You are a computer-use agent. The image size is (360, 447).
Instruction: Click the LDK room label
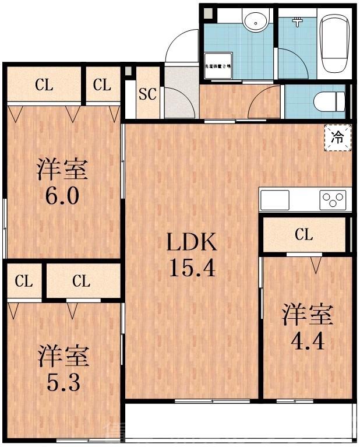coord(193,241)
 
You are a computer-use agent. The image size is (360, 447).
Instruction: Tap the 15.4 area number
coord(193,267)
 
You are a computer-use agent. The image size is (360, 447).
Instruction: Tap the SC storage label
coord(148,94)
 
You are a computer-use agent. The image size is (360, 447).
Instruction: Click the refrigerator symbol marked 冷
coord(337,138)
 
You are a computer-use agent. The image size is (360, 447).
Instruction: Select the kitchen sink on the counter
coord(275,200)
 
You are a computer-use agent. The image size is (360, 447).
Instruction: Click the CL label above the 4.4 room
coord(303,235)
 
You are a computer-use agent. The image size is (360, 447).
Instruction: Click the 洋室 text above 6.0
coord(63,170)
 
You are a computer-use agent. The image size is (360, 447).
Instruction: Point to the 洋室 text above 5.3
coord(63,356)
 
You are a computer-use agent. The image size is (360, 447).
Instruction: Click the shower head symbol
coord(297,22)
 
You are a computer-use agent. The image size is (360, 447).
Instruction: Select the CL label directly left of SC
coord(102,86)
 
